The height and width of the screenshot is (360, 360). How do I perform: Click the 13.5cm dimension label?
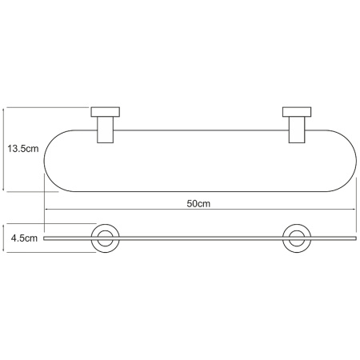(x=23, y=149)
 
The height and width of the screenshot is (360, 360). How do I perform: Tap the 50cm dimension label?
(x=198, y=204)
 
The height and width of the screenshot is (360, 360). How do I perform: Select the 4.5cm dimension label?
(x=24, y=238)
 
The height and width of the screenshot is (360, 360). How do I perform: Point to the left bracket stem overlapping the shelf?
(x=106, y=130)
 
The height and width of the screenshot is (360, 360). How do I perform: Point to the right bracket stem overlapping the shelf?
(x=297, y=130)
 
